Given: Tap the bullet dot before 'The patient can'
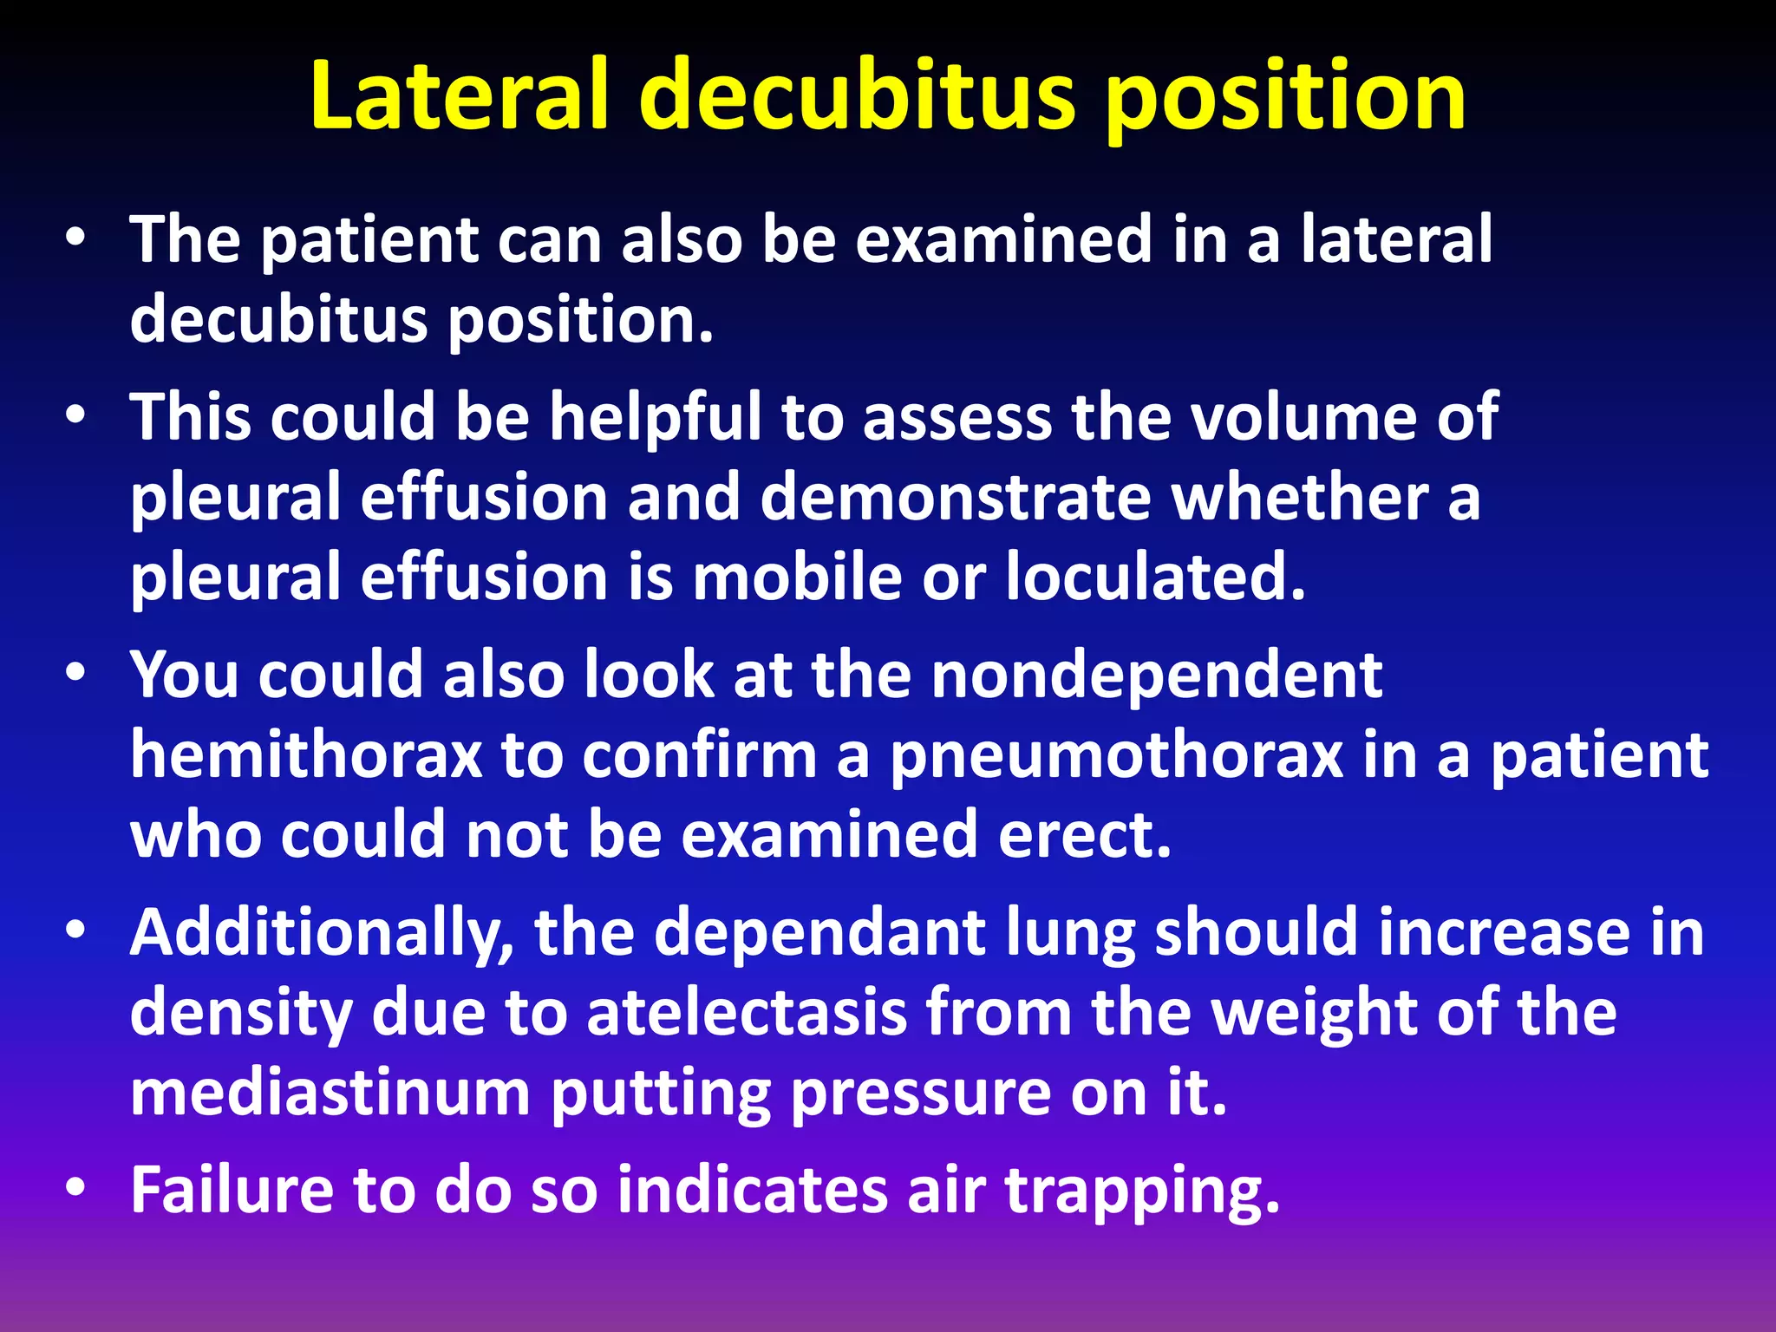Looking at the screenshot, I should [75, 237].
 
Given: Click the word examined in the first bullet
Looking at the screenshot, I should [1004, 239].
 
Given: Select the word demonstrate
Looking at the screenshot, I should [956, 498].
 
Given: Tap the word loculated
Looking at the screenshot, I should [1155, 578].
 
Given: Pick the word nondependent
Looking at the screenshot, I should [1156, 675].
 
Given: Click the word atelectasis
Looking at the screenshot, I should [746, 1013].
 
